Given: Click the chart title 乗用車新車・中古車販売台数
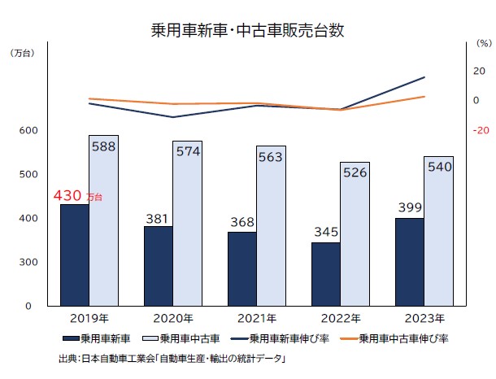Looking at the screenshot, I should tap(248, 31).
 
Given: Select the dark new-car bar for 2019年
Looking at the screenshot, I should tap(75, 255).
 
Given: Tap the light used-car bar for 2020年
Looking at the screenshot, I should tap(187, 224).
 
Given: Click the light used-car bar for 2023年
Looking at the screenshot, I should tap(438, 231).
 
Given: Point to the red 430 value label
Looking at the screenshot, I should tap(68, 196).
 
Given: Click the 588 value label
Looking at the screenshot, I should tap(103, 147).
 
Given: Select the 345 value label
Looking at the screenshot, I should tap(326, 233).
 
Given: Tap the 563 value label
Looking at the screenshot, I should tap(271, 159).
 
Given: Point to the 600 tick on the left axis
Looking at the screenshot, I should tap(28, 130).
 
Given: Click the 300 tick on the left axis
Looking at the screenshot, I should tap(28, 262).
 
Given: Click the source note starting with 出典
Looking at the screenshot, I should tap(174, 358).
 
